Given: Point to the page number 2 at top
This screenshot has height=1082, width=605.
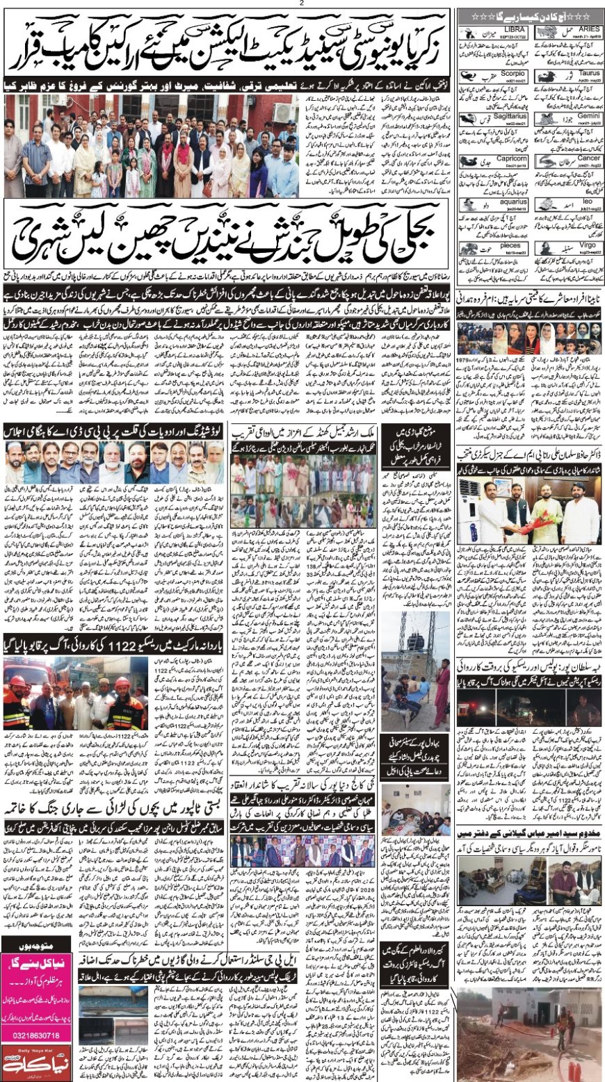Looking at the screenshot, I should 302,3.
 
